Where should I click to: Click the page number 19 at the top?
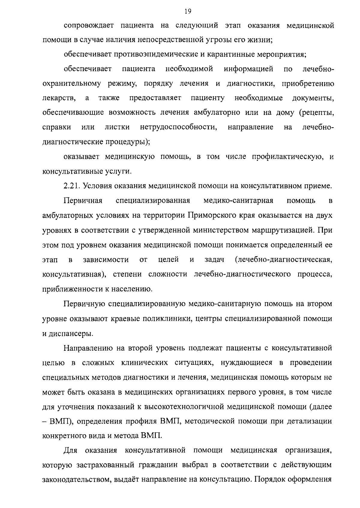[x=188, y=12]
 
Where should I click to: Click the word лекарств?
[x=59, y=98]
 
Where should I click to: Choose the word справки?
[x=57, y=127]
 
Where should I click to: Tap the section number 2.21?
[x=72, y=186]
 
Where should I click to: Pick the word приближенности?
[x=72, y=289]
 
